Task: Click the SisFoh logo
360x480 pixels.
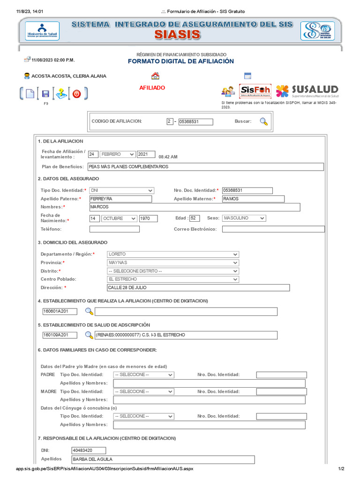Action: pos(255,91)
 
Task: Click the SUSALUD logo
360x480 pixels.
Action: pos(307,90)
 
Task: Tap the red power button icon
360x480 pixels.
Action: pos(77,94)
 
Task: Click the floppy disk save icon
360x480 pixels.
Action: pos(45,94)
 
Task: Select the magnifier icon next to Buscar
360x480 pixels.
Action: pos(264,121)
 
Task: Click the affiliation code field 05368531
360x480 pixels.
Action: pos(195,122)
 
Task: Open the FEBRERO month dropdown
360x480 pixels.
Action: pos(117,154)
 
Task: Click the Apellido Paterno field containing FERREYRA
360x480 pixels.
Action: pos(120,199)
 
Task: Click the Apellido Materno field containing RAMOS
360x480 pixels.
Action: pos(253,199)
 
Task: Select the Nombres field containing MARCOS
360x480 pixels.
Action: pos(194,207)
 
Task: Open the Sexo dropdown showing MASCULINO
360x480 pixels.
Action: pos(244,218)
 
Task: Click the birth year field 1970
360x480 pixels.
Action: pos(148,218)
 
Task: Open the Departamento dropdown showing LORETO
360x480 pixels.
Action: pos(173,254)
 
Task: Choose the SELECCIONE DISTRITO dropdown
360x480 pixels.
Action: pos(173,271)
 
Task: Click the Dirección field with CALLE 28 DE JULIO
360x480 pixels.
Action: pos(198,288)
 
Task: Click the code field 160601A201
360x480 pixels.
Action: pos(60,311)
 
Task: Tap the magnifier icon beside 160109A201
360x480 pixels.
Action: pos(89,335)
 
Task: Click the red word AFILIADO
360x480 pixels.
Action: pos(152,88)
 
